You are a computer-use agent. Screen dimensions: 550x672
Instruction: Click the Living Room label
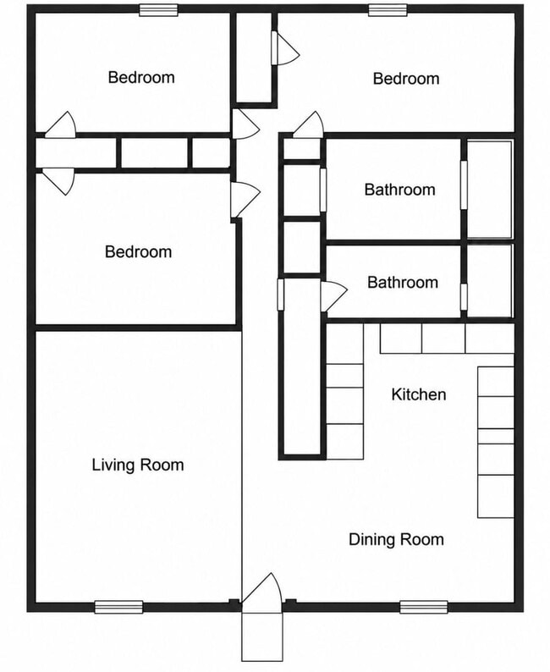coord(138,465)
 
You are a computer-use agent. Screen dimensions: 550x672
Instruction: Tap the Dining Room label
coord(396,539)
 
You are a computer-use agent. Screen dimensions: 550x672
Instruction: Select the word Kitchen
coord(419,394)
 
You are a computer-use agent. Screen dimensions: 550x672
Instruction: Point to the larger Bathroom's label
coord(399,190)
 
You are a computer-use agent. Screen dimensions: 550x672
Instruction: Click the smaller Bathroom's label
coord(403,282)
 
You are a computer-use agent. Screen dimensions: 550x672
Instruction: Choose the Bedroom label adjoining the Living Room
coord(139,251)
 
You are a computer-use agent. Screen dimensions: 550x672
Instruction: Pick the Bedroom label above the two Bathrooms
coord(406,79)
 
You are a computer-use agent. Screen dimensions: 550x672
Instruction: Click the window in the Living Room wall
coord(118,607)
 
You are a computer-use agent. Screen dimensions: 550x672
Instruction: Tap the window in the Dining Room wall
coord(424,607)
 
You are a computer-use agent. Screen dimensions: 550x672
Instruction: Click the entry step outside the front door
coord(262,636)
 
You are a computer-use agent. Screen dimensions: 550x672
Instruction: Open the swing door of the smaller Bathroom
coord(333,296)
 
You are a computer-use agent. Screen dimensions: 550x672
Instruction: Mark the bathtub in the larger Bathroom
coord(489,190)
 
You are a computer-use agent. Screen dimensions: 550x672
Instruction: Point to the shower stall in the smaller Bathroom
coord(489,281)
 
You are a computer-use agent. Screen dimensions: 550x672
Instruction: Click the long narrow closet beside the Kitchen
coord(301,366)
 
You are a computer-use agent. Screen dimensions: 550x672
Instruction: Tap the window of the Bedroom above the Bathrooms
coord(388,10)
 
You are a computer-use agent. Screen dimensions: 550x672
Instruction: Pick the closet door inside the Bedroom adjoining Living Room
coord(58,182)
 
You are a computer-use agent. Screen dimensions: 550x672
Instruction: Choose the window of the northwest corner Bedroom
coord(158,10)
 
